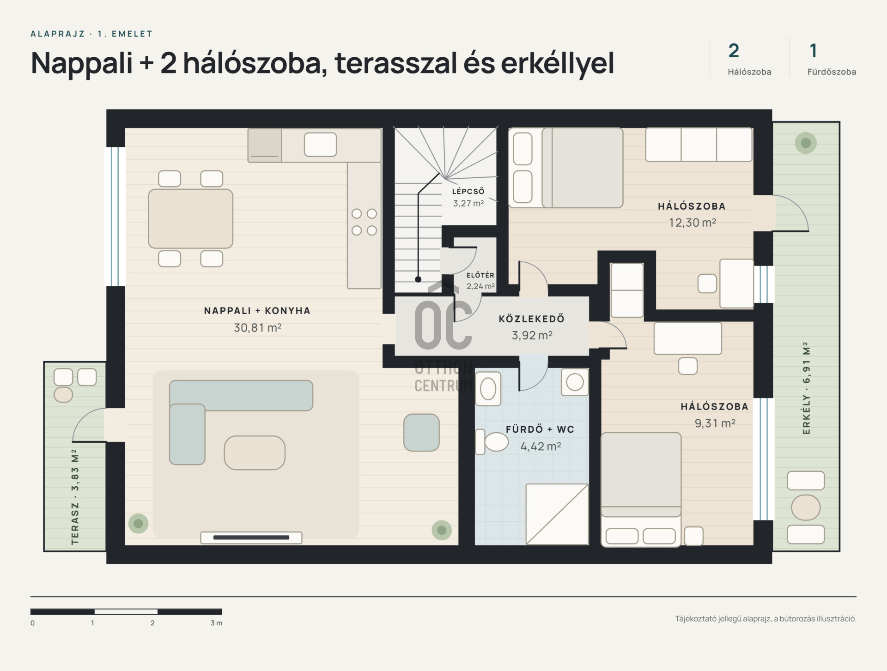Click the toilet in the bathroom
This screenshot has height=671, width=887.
tap(492, 442)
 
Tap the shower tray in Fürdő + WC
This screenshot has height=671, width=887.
tap(557, 514)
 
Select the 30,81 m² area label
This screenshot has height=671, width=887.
tap(258, 328)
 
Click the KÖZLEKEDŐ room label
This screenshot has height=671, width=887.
tap(532, 319)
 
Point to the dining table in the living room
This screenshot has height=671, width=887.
tap(190, 218)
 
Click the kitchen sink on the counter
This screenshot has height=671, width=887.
tap(320, 145)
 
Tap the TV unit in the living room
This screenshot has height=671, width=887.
tap(251, 538)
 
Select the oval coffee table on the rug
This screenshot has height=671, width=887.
tap(255, 453)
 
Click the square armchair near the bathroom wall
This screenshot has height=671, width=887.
tap(421, 432)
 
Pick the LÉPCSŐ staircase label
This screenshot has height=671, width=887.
tap(468, 191)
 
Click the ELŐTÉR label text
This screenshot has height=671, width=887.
tap(480, 275)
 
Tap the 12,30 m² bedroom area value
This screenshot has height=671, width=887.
tap(693, 223)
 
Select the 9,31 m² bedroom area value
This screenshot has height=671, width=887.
tap(715, 423)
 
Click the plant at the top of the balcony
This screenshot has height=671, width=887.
tap(806, 143)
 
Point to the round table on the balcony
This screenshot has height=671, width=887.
tap(806, 508)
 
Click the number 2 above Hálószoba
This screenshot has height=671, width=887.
tap(734, 51)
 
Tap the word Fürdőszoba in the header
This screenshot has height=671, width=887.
tap(832, 72)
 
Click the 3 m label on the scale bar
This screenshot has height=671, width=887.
tap(216, 623)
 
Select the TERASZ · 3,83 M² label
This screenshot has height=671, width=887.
tap(75, 497)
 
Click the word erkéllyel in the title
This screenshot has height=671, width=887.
tap(558, 63)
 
